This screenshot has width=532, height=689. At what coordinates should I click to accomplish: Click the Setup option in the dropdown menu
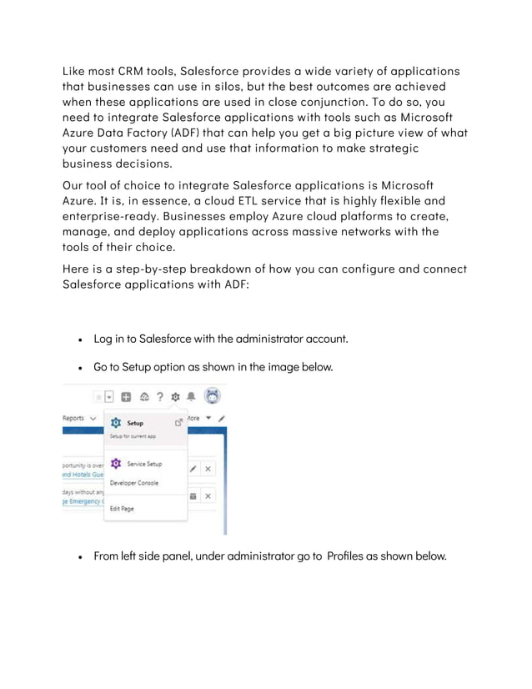pyautogui.click(x=134, y=423)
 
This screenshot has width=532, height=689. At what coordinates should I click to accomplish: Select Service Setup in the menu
pyautogui.click(x=143, y=464)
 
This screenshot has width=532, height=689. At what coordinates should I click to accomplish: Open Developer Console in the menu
pyautogui.click(x=133, y=483)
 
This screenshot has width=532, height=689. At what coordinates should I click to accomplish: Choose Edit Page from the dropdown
pyautogui.click(x=122, y=509)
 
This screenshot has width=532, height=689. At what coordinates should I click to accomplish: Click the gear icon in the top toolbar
pyautogui.click(x=175, y=397)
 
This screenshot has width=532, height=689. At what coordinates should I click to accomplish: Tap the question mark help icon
pyautogui.click(x=159, y=397)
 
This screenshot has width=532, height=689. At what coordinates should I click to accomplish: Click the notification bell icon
pyautogui.click(x=191, y=397)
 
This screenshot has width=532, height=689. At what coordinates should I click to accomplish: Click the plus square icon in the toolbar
pyautogui.click(x=128, y=397)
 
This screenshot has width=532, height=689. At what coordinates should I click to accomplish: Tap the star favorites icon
pyautogui.click(x=98, y=398)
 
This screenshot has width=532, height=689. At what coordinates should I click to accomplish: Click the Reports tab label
pyautogui.click(x=73, y=418)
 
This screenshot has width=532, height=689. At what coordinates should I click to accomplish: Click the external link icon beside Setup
pyautogui.click(x=178, y=423)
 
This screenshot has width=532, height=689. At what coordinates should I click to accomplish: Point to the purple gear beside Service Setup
pyautogui.click(x=116, y=464)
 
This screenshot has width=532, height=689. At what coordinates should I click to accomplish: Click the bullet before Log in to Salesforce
pyautogui.click(x=79, y=339)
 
